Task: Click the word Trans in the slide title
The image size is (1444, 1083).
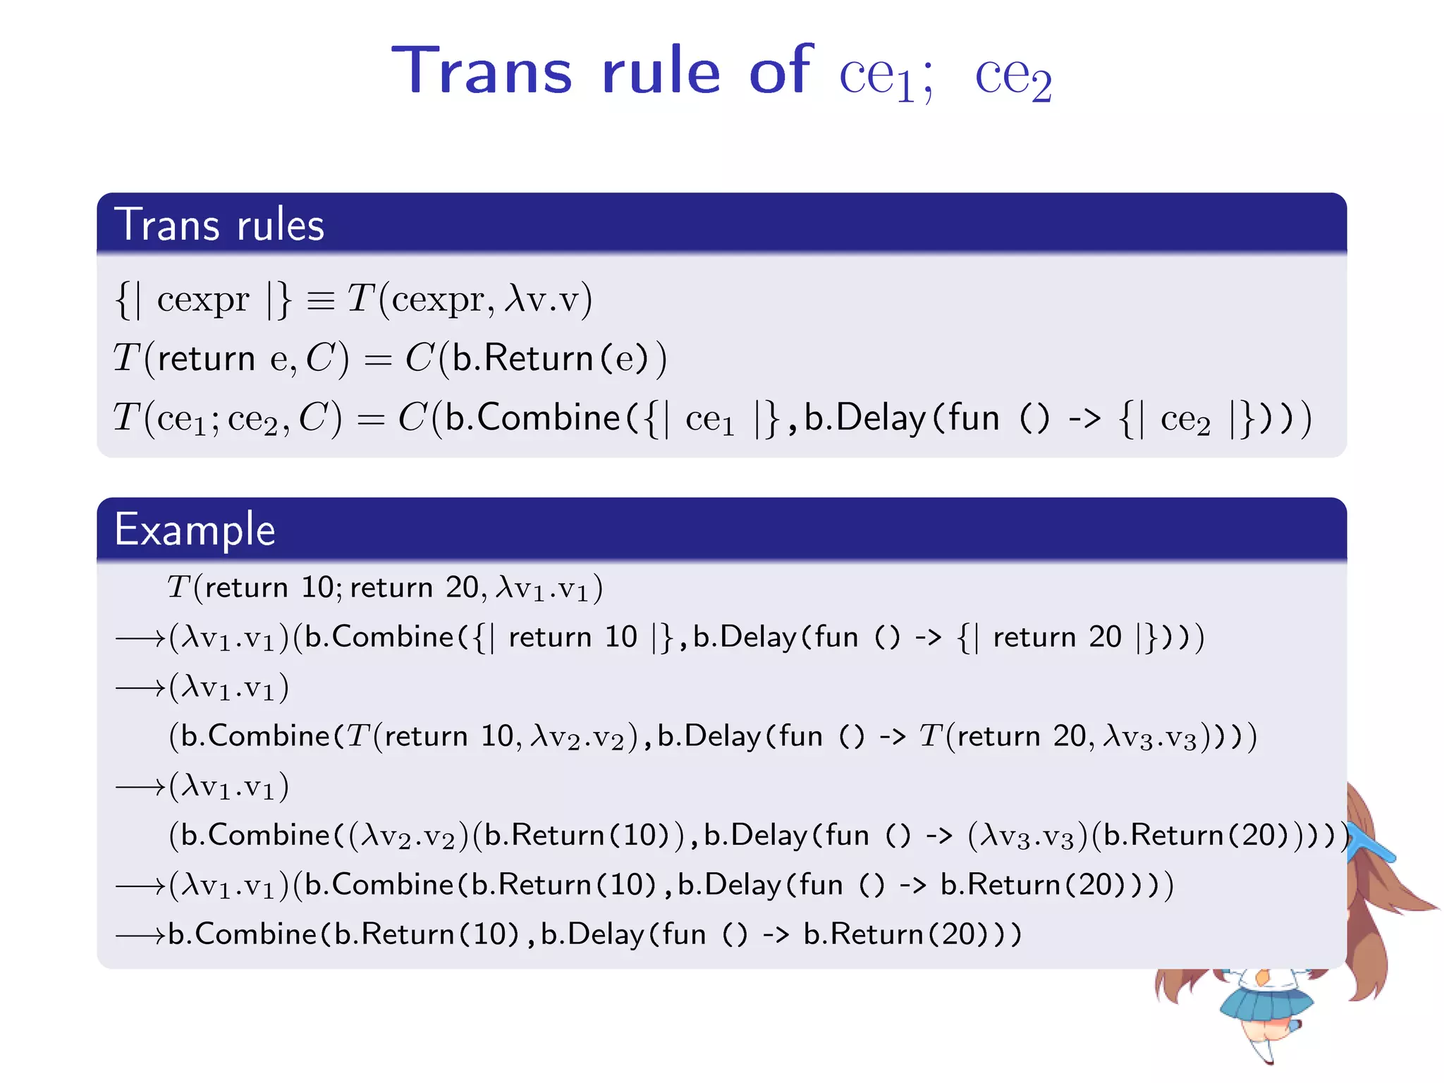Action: click(481, 71)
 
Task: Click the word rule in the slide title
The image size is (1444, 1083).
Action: click(661, 71)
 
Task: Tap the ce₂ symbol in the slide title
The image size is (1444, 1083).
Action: click(1012, 76)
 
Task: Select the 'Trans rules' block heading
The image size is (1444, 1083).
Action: click(219, 225)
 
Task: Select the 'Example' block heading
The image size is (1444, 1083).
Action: click(195, 530)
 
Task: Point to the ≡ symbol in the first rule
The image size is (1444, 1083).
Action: click(321, 300)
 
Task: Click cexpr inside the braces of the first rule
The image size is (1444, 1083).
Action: click(203, 300)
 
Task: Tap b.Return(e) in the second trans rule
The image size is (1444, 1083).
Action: click(550, 358)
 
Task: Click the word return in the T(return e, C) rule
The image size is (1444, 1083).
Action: click(206, 359)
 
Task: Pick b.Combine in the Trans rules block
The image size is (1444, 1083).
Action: click(532, 417)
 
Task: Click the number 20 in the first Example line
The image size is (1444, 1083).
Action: click(462, 587)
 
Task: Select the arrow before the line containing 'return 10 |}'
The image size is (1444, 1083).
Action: click(140, 638)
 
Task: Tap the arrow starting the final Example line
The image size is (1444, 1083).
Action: click(140, 935)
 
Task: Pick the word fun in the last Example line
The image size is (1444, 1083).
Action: click(684, 935)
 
